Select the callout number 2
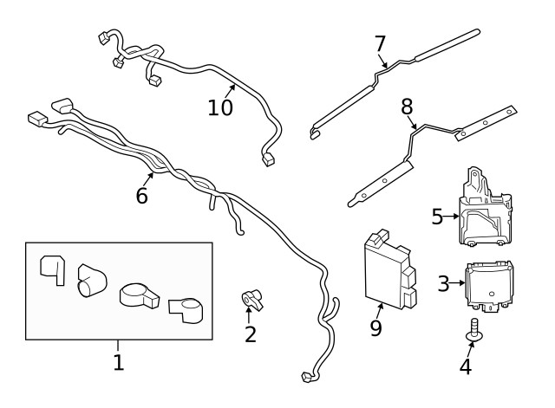point(250,334)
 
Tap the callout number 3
point(443,283)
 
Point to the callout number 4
point(466,366)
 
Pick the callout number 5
point(438,217)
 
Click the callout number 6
point(141,196)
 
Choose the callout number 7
point(379,43)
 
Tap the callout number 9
point(375,327)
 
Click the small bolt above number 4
point(473,330)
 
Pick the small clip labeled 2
point(251,300)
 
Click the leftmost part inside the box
point(53,268)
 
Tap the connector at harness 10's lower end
point(268,159)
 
